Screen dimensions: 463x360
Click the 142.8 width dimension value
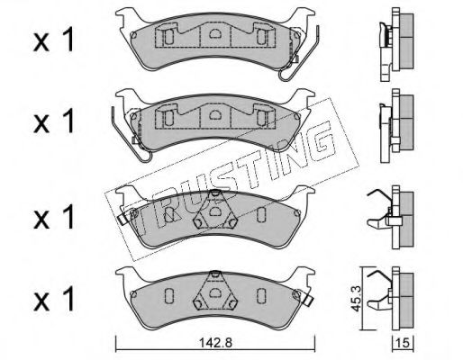(215, 342)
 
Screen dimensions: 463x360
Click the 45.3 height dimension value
(356, 298)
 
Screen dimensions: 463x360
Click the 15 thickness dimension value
(404, 342)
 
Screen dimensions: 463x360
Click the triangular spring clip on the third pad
(215, 210)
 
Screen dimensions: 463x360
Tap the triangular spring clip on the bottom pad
(215, 291)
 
